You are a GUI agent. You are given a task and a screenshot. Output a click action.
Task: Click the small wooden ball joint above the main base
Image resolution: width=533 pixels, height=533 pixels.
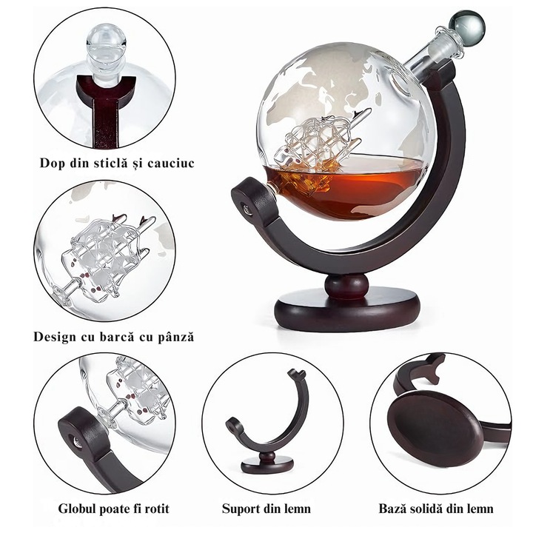(x=346, y=286)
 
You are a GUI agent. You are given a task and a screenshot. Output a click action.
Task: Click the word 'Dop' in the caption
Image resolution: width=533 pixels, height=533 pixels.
(x=52, y=163)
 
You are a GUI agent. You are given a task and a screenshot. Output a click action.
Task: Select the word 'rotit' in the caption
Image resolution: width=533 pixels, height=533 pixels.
(x=157, y=509)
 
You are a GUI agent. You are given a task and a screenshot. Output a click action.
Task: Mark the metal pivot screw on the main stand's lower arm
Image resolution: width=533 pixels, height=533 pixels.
(x=246, y=208)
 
